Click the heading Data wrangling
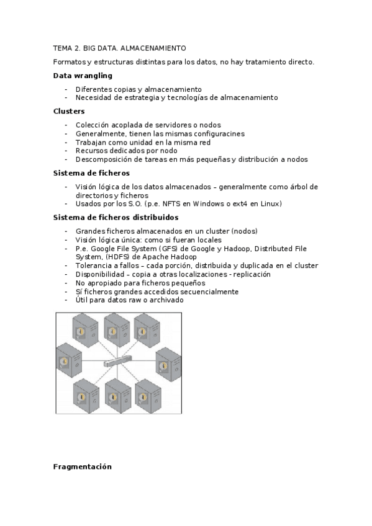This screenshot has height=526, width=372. pos(83,75)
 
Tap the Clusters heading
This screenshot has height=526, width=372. pos(69,111)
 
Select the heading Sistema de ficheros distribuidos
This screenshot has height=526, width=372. pos(116,218)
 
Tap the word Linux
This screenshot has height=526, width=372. pos(272,204)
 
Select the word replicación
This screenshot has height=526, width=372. pos(250,274)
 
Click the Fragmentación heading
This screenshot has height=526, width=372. pos(83,466)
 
